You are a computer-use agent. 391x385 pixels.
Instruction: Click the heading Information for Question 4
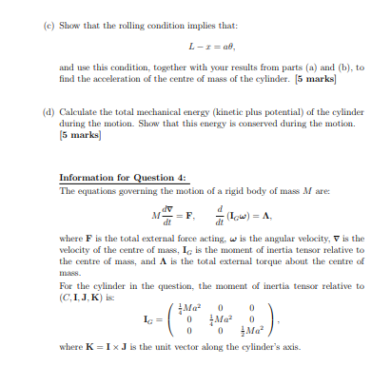click(124, 178)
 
